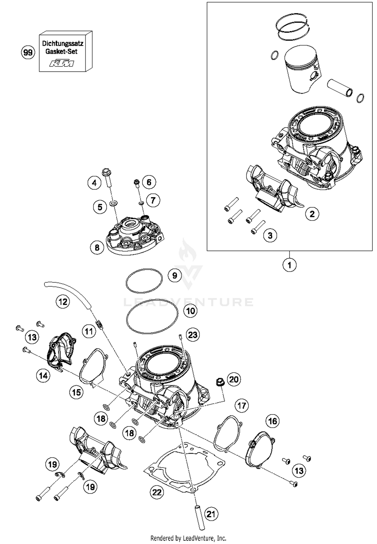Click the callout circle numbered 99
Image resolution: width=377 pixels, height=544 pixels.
28,53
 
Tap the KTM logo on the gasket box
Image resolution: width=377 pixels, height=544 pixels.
62,63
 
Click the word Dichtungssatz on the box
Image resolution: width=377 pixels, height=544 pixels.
63,43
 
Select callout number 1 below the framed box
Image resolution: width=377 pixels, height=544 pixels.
289,265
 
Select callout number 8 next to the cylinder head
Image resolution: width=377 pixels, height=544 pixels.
97,247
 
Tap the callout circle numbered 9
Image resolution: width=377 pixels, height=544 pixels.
175,275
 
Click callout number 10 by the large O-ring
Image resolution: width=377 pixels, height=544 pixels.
191,311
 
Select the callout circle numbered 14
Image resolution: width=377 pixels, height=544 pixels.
43,376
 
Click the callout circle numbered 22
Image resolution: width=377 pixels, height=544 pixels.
157,492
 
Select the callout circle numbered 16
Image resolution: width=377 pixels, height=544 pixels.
273,421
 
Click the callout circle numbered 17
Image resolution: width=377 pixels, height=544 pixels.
242,406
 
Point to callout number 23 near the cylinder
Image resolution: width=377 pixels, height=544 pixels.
193,335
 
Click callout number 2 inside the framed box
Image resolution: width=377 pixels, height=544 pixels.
312,214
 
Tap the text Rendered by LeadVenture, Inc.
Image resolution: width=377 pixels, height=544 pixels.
188,538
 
